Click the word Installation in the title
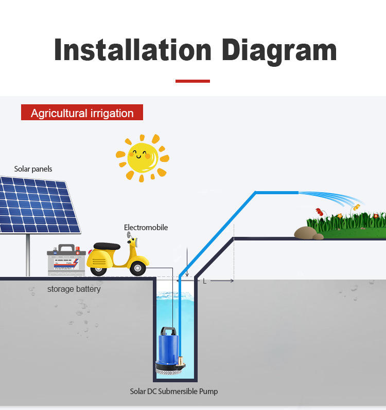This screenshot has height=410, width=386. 133,51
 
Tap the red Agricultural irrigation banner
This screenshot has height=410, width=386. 82,113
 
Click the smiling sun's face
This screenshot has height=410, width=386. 143,157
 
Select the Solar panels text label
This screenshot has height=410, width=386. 33,169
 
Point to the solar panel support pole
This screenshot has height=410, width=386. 28,254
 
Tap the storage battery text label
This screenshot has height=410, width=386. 74,289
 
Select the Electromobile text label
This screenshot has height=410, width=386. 146,228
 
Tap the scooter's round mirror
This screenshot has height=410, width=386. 129,235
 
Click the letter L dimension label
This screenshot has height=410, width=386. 204,281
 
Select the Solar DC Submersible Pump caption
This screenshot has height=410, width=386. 173,392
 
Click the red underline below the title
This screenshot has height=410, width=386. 192,81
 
